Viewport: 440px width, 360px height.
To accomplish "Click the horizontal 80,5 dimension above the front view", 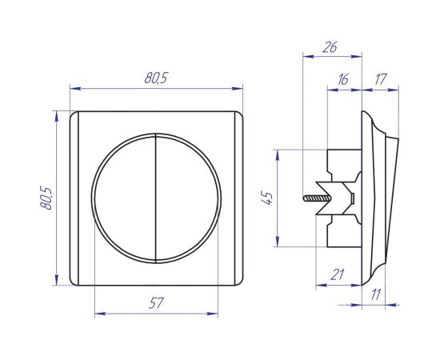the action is (x=156, y=78).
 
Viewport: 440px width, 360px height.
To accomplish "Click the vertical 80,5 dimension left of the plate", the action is (x=46, y=198).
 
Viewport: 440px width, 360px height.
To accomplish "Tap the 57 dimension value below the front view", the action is (x=156, y=303).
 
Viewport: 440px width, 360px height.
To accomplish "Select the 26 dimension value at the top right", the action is (x=330, y=47).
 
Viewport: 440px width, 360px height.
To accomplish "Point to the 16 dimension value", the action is (x=342, y=79).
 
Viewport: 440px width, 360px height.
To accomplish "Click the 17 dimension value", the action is (x=381, y=79).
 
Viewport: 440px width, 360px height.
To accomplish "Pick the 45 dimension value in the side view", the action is (x=267, y=198).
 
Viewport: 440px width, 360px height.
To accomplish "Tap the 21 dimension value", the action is (x=337, y=274).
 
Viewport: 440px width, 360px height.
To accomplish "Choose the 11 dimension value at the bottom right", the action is (x=376, y=294).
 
